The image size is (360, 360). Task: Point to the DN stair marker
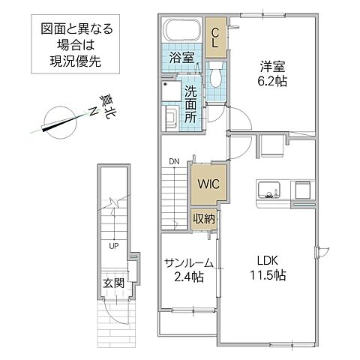coord(173,160)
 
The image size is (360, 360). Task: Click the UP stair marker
coord(113,244)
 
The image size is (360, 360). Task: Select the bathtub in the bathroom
coord(180,31)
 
